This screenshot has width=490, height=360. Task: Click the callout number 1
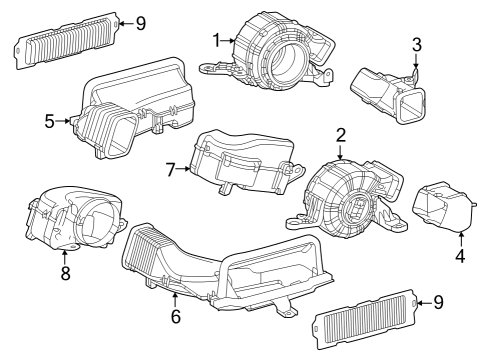[215, 39]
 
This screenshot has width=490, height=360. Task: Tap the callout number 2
[340, 134]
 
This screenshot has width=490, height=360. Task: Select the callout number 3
[417, 44]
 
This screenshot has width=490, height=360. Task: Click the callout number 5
[49, 122]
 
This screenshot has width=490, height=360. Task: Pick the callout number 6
[175, 316]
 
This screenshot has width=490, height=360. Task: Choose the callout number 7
[171, 169]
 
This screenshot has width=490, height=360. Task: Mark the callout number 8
[65, 272]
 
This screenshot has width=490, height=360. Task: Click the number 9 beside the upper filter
[141, 21]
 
